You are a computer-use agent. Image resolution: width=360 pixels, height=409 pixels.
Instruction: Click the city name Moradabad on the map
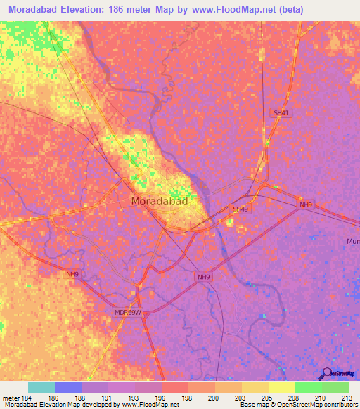click(160, 201)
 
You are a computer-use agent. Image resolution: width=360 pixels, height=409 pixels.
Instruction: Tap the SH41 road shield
click(281, 112)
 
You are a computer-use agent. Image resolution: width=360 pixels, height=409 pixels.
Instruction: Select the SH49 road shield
click(240, 209)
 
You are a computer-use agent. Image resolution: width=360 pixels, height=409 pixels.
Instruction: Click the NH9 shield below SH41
click(305, 204)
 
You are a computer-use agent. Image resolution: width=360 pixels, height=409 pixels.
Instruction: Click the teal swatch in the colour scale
click(41, 387)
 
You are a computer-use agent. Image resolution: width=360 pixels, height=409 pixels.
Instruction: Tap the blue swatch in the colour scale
click(68, 387)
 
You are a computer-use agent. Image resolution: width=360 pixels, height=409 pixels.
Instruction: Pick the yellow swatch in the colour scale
click(282, 387)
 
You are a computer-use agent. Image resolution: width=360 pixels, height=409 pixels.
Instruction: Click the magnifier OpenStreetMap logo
click(326, 374)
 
